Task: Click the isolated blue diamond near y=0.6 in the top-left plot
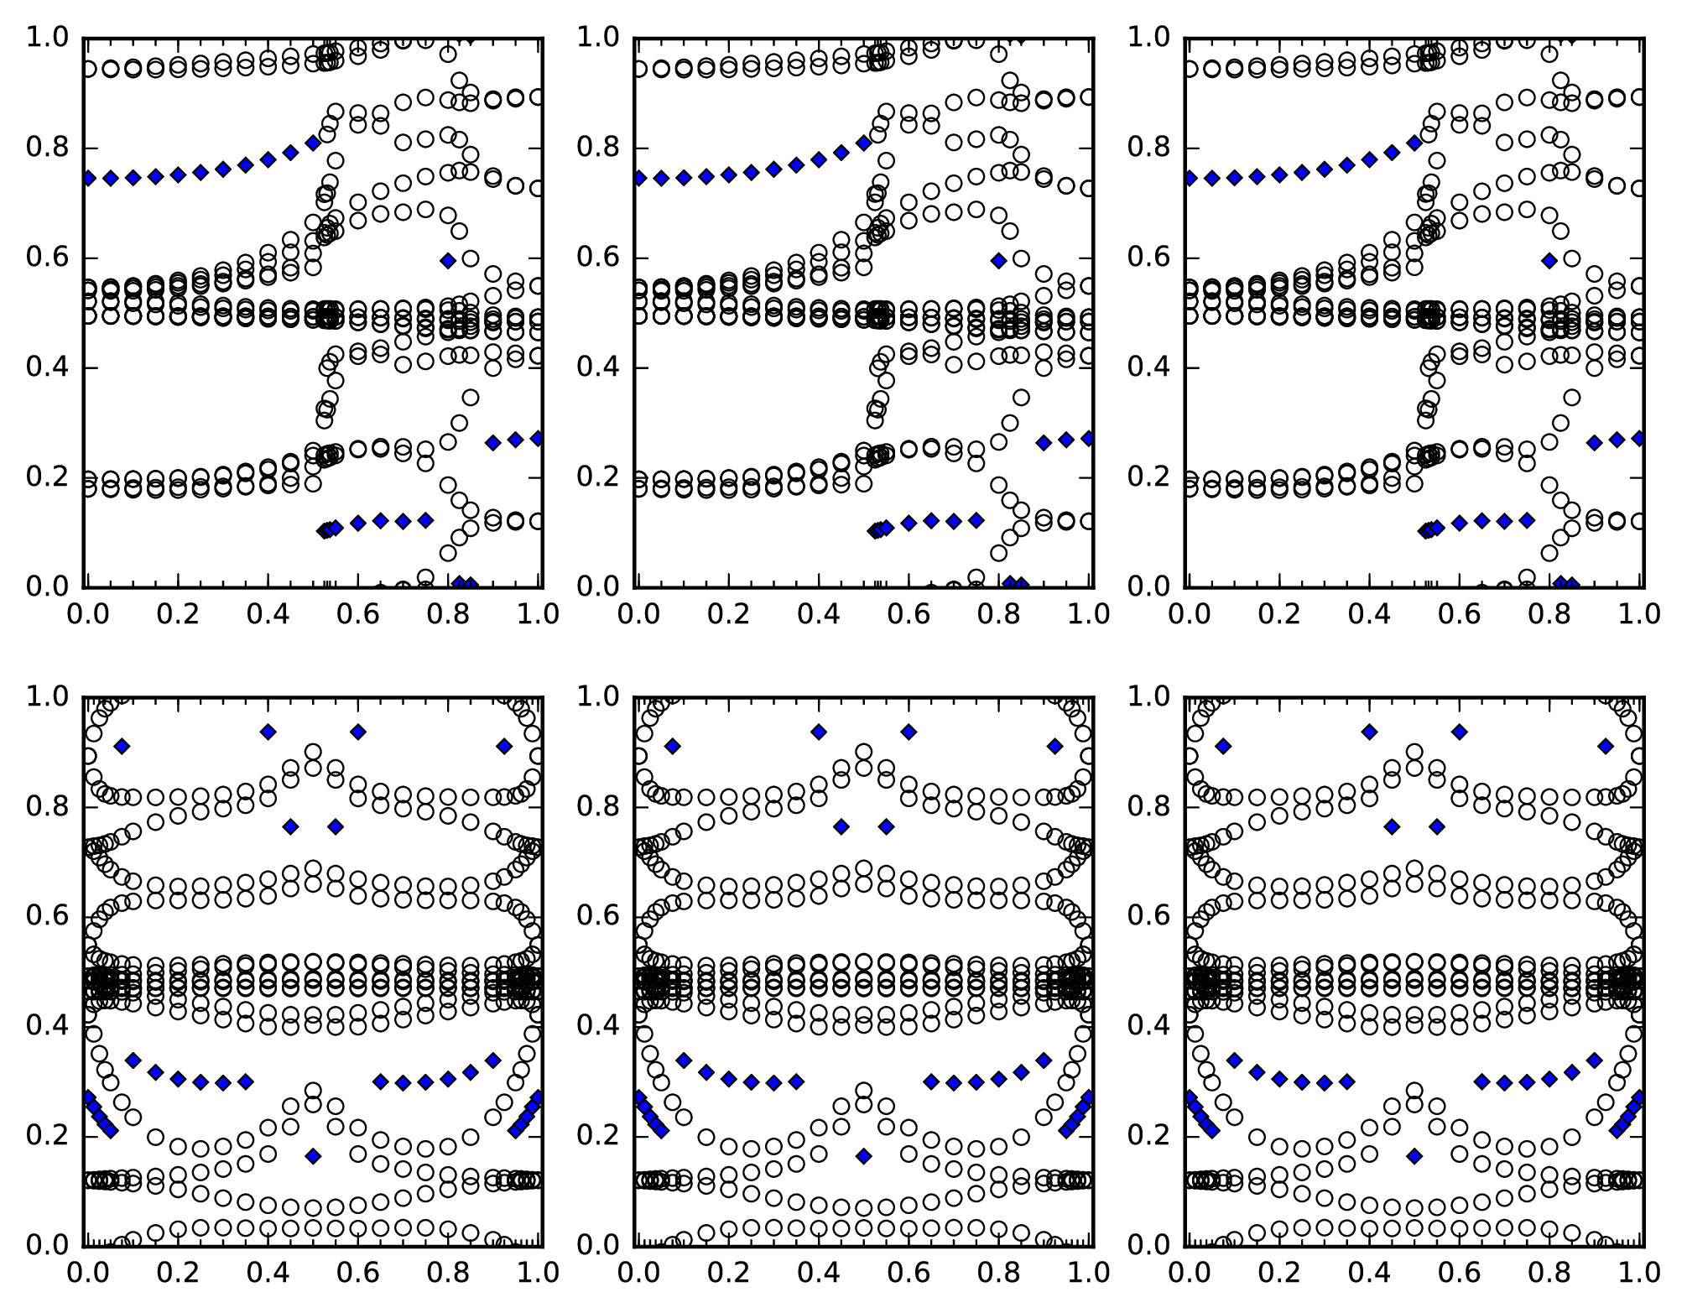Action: point(448,260)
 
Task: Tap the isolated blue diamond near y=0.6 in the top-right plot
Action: point(1549,260)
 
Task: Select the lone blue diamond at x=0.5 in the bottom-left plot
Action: point(313,1156)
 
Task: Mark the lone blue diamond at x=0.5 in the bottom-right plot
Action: point(1414,1156)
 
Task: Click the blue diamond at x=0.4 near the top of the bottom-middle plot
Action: point(819,732)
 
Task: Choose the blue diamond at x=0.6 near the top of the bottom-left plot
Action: point(358,732)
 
